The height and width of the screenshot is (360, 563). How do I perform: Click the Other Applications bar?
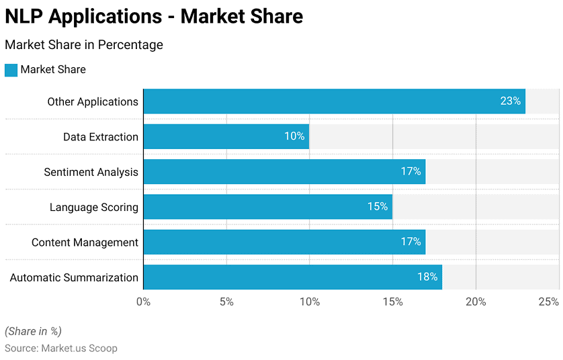[x=335, y=101]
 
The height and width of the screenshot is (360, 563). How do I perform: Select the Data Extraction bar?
[x=226, y=136]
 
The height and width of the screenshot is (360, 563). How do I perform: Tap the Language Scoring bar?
[x=268, y=207]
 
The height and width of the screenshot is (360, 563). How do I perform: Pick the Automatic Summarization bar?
[x=293, y=277]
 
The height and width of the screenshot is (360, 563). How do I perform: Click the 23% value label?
[x=510, y=101]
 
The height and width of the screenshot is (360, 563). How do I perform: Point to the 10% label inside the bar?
[x=294, y=136]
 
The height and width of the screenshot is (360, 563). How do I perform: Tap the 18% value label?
[x=427, y=277]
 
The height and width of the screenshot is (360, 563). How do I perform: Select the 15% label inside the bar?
[x=378, y=206]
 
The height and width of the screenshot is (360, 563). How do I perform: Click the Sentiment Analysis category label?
[x=91, y=173]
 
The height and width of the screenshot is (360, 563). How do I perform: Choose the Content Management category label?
[x=85, y=242]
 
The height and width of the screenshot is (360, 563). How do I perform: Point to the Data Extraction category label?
[x=101, y=137]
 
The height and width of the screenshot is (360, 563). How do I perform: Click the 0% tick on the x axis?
[x=143, y=302]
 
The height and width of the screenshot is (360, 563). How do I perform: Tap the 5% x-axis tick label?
[x=226, y=302]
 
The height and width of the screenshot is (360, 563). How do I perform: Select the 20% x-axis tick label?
[x=476, y=302]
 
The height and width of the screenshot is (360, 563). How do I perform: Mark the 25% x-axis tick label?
[x=549, y=302]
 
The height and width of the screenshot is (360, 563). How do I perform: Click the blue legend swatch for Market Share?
[x=11, y=70]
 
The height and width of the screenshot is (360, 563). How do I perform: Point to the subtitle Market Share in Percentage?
[x=84, y=45]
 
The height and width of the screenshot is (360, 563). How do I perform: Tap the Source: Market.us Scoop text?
[x=61, y=348]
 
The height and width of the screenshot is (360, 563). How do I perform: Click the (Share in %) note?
[x=33, y=331]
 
